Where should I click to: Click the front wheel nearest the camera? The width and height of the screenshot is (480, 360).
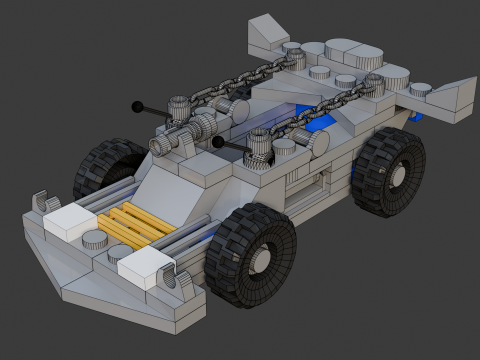250,254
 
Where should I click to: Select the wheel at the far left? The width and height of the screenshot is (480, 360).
108,167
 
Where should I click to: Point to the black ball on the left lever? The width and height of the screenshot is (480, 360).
136,105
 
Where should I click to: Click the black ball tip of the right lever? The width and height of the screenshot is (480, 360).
217,143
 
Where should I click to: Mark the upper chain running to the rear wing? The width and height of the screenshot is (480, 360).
240,80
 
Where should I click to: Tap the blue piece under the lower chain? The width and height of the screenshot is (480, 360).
318,125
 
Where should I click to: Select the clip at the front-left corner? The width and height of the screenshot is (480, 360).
44,199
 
